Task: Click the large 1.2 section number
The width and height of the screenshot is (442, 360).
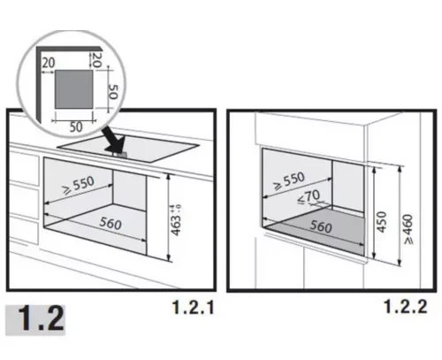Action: pos(42,318)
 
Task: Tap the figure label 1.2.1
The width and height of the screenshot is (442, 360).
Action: pos(193,308)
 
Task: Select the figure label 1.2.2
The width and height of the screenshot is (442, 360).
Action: pos(406,307)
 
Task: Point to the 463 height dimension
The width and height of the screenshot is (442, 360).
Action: pos(176,226)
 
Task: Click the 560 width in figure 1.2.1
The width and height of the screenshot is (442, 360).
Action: pos(110,223)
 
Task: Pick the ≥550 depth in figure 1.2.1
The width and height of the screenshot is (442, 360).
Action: pos(79,186)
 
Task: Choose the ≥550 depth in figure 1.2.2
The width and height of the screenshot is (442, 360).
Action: pos(289,181)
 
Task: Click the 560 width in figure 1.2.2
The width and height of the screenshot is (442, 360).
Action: pos(321,226)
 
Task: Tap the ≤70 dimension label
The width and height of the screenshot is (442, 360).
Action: pos(309,196)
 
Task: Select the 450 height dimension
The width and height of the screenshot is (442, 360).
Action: pos(382,222)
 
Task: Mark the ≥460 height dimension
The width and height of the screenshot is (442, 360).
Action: pos(408,229)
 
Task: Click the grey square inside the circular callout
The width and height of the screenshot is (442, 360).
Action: pos(73,89)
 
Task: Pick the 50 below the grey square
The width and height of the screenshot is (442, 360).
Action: pos(76,126)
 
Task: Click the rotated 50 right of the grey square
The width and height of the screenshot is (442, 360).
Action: pos(113,92)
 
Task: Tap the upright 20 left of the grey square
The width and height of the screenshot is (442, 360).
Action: pos(49,63)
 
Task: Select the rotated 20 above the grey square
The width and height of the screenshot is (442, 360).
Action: pos(97,60)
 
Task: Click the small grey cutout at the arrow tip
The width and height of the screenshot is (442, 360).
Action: pos(120,154)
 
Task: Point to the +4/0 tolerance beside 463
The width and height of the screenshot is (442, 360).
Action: pos(178,208)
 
